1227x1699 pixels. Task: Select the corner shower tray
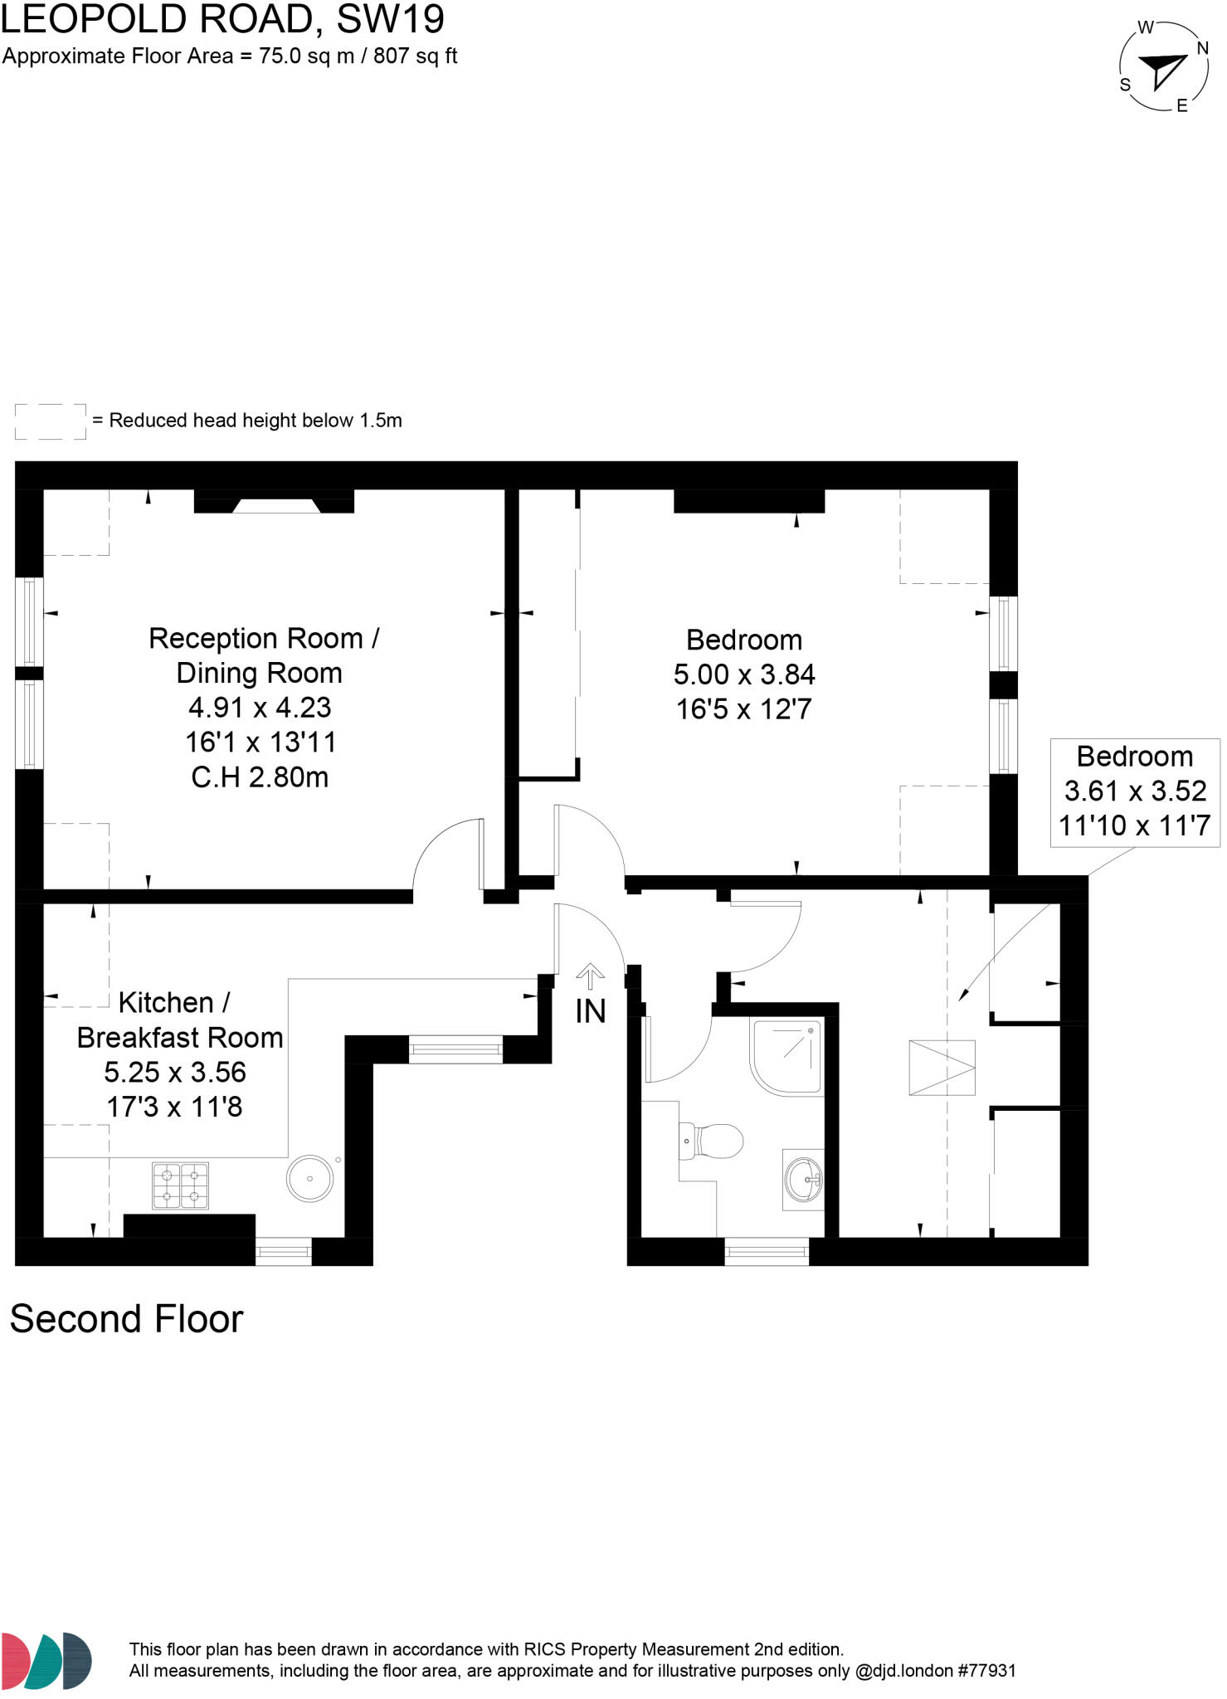pos(786,1055)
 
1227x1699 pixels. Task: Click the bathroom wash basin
pos(804,1179)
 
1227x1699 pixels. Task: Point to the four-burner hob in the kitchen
pos(180,1185)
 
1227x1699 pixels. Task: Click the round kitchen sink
pos(310,1178)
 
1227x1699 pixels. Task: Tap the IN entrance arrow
pos(590,976)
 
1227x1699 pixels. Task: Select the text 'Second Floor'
pos(126,1319)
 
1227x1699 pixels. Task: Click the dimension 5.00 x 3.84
pos(744,674)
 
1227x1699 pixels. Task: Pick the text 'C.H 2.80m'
pos(260,777)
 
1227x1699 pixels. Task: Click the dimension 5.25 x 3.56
pos(175,1072)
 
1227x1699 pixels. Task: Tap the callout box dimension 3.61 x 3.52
pos(1135,791)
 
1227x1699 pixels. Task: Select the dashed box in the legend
pos(51,421)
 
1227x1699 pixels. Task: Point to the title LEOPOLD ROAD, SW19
pos(222,19)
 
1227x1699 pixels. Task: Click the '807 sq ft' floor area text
pos(415,56)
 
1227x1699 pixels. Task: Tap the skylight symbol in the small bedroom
pos(942,1068)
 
